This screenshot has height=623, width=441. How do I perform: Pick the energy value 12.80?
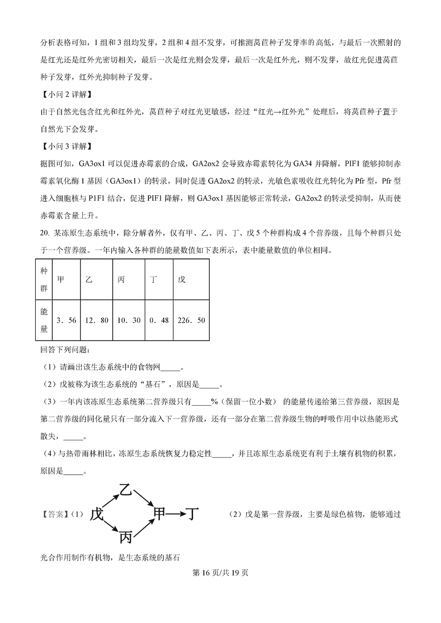point(97,320)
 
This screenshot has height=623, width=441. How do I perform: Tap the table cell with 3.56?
point(67,320)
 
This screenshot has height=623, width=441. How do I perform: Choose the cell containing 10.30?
point(128,320)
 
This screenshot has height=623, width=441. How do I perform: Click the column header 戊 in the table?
point(182,279)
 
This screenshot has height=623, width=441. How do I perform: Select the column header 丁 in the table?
point(153,279)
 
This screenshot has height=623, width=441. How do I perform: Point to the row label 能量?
point(44,320)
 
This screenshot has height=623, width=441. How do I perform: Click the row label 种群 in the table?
point(44,279)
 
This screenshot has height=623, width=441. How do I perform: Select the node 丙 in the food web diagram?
point(126,538)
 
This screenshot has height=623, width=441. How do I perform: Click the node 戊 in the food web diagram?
point(97,514)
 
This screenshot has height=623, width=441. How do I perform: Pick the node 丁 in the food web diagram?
point(194,514)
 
